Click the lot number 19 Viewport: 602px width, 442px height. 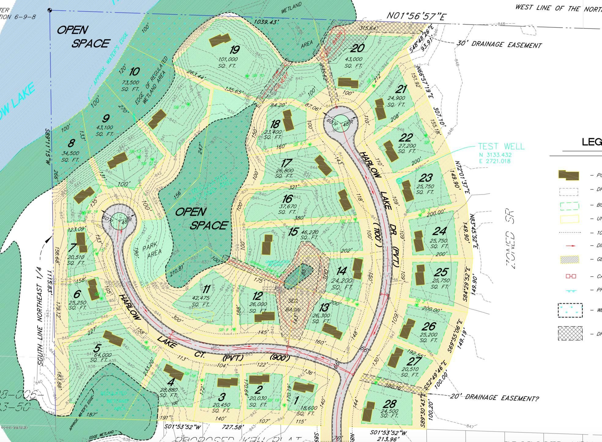click(x=235, y=50)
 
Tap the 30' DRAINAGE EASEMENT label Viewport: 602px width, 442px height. click(x=499, y=44)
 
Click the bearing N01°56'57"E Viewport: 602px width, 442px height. click(x=415, y=16)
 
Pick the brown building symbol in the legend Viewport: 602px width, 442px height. click(x=569, y=175)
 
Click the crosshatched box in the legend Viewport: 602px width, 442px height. click(x=570, y=333)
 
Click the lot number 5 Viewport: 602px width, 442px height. click(x=97, y=348)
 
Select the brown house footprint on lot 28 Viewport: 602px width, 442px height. click(x=368, y=411)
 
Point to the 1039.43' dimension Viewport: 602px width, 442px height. click(x=267, y=22)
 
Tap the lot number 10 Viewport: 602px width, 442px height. click(x=134, y=72)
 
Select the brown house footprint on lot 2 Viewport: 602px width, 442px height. click(x=259, y=379)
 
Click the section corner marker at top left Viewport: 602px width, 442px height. click(x=50, y=10)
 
